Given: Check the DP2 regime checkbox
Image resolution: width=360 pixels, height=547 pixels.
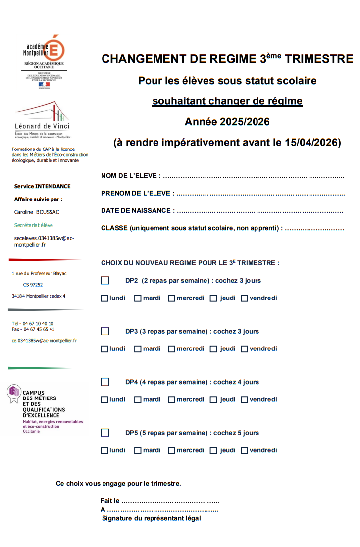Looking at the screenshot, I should tap(105, 281).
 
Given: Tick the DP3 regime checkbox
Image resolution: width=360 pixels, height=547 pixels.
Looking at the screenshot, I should tap(105, 331).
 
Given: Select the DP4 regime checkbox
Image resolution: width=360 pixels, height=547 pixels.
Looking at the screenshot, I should tap(105, 382).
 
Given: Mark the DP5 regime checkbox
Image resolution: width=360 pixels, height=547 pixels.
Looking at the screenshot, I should tap(105, 433).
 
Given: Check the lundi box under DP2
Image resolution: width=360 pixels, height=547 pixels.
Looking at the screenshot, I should tap(104, 298).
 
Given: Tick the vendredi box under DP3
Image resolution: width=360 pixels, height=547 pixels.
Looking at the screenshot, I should tap(244, 349).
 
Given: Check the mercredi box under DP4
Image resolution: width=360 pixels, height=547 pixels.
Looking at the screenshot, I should tap(171, 399).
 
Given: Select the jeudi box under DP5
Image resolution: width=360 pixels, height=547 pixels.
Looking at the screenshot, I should tap(213, 450).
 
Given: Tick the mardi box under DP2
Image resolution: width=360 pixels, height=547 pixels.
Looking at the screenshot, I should tap(138, 298).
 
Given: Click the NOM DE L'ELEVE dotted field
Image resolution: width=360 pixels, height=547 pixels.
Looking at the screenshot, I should tap(253, 176).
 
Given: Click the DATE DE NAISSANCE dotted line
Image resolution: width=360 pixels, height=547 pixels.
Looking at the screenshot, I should tap(259, 211).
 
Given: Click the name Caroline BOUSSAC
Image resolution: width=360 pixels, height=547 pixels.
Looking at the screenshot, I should tap(37, 212).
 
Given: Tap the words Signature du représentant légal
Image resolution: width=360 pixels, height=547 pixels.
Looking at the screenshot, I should tap(151, 518).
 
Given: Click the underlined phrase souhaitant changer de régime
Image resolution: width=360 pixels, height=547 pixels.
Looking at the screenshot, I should tap(227, 101).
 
